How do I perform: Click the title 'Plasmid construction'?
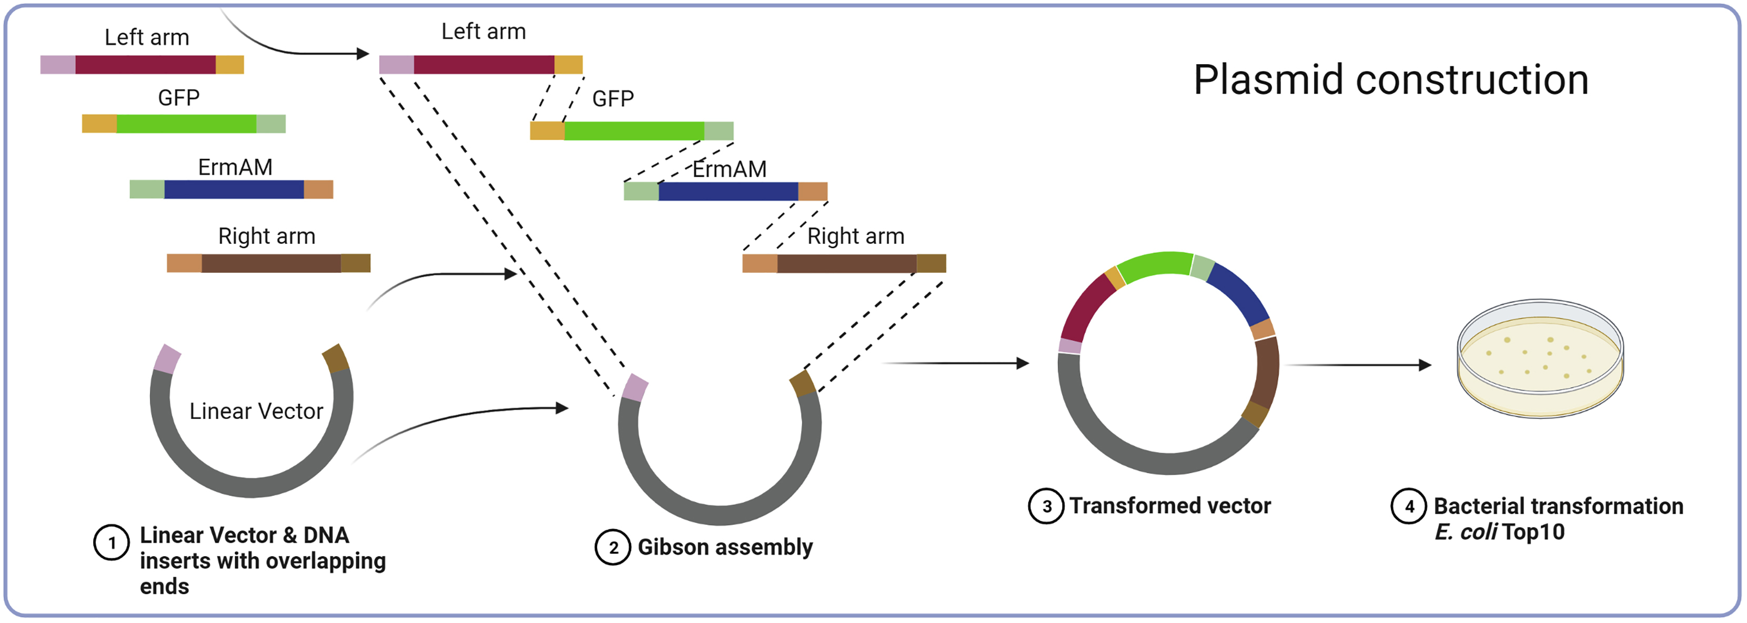click(x=1390, y=80)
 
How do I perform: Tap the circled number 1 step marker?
click(x=111, y=543)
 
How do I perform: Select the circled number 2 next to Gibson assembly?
click(x=612, y=547)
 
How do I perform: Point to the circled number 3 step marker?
click(x=1046, y=506)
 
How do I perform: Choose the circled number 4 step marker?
click(x=1409, y=506)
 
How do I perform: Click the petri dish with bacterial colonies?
click(x=1540, y=359)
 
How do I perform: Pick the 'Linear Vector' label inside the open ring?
click(x=256, y=411)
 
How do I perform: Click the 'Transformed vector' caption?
click(x=1170, y=506)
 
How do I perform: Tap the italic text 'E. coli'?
click(x=1465, y=532)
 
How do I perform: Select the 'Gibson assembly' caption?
click(x=725, y=547)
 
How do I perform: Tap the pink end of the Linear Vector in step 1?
click(x=167, y=359)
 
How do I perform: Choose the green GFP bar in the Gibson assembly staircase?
click(x=633, y=131)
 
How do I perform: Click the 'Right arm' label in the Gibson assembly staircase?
click(x=856, y=236)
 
